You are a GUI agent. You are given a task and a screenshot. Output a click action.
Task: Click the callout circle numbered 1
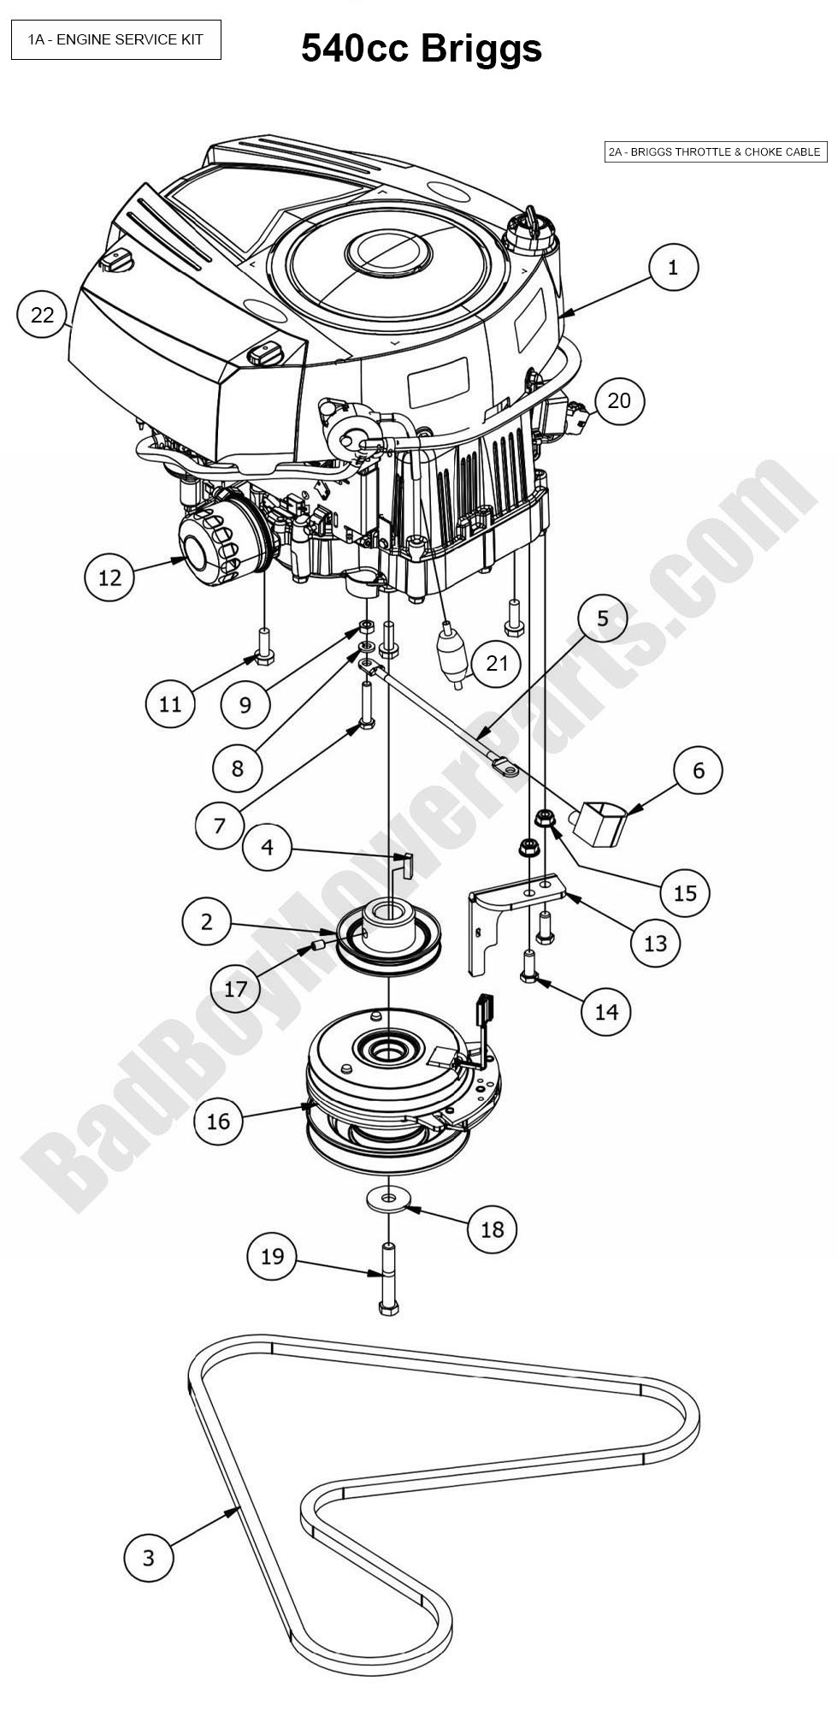pyautogui.click(x=673, y=267)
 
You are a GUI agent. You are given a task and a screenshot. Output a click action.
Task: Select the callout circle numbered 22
pyautogui.click(x=42, y=315)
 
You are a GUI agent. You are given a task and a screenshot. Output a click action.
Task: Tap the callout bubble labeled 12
pyautogui.click(x=109, y=577)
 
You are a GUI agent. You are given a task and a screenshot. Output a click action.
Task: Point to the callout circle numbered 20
pyautogui.click(x=619, y=400)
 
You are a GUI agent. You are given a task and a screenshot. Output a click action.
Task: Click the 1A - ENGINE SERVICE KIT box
pyautogui.click(x=116, y=40)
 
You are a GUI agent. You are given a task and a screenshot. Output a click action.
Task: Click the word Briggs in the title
pyautogui.click(x=481, y=49)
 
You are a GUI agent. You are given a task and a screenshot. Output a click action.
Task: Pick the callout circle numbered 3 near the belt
pyautogui.click(x=148, y=1557)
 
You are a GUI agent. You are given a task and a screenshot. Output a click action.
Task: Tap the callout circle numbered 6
pyautogui.click(x=699, y=770)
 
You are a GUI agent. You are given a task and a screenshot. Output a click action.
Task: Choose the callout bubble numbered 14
pyautogui.click(x=605, y=1011)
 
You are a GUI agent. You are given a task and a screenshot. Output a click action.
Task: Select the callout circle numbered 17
pyautogui.click(x=235, y=989)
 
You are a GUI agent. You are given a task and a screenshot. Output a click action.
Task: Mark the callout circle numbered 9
pyautogui.click(x=245, y=704)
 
